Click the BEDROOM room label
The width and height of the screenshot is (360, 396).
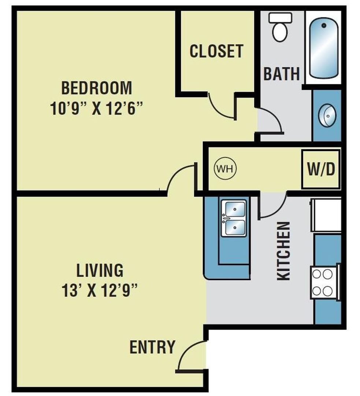click(96, 88)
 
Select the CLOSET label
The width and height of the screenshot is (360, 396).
click(216, 51)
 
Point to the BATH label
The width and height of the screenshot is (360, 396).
click(282, 74)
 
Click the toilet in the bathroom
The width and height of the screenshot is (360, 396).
click(280, 27)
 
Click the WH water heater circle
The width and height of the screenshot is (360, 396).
click(225, 169)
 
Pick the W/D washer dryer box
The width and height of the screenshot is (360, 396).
click(321, 169)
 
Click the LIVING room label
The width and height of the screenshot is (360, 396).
click(100, 270)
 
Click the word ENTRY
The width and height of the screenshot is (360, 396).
click(152, 347)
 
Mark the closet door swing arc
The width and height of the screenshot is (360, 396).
click(220, 108)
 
